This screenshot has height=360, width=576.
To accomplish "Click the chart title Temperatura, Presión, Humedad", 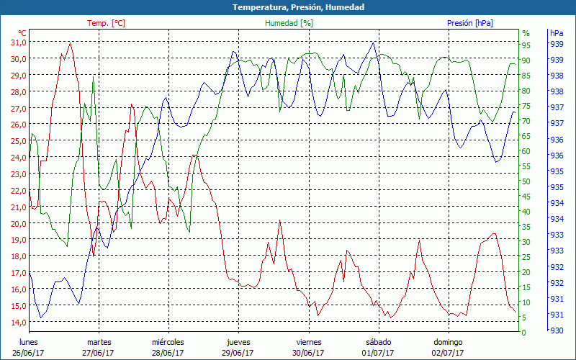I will click(288, 7).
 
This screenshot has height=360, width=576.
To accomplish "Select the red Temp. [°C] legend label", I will click(106, 23).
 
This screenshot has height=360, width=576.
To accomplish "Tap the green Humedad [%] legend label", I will click(289, 23).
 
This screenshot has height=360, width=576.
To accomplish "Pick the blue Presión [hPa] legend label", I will click(469, 23).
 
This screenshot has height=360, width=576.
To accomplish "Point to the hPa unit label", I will click(557, 33).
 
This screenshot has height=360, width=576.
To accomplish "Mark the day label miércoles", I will click(168, 342).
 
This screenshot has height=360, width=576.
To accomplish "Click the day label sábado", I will click(378, 342).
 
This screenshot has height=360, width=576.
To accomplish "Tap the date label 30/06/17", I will click(308, 353).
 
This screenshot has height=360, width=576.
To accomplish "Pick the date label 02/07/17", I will click(448, 353).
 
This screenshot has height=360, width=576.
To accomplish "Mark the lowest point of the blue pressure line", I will click(41, 318).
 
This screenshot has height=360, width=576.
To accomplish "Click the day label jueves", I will click(238, 342).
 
